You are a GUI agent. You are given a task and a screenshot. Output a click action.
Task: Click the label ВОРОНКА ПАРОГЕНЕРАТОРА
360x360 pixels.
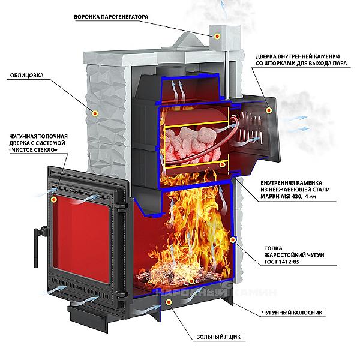(x=111, y=17)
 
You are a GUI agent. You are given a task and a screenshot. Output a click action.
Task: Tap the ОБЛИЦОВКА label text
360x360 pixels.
(x=27, y=76)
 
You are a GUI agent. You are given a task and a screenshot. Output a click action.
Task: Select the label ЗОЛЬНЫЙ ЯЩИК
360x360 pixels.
(x=218, y=337)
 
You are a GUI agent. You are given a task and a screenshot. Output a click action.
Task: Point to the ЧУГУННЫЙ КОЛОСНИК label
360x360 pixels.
(x=292, y=313)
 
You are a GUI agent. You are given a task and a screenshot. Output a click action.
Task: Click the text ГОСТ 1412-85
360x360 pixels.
(x=282, y=262)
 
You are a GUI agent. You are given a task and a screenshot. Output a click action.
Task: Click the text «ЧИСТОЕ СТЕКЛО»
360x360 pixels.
(x=33, y=149)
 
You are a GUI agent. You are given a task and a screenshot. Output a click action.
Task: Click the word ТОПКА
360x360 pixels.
(x=273, y=248)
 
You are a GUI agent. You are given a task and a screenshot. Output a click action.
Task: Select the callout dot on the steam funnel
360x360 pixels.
(x=217, y=36)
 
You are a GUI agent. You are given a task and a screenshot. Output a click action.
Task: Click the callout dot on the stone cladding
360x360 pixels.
(x=95, y=113)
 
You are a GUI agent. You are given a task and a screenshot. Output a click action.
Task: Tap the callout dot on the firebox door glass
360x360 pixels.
(x=54, y=200)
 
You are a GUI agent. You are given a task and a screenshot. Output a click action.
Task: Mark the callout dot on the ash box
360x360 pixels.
(x=169, y=302)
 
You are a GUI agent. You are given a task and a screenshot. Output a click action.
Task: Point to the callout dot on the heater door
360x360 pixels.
(x=269, y=110)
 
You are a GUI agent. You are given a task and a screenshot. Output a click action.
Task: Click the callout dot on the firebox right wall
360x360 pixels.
(x=233, y=240)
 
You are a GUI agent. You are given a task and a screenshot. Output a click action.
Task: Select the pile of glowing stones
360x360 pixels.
(x=193, y=144)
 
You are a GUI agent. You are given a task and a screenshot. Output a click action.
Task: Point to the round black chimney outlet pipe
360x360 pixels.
(x=170, y=71)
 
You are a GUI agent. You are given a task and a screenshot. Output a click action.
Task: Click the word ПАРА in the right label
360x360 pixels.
(x=339, y=64)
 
